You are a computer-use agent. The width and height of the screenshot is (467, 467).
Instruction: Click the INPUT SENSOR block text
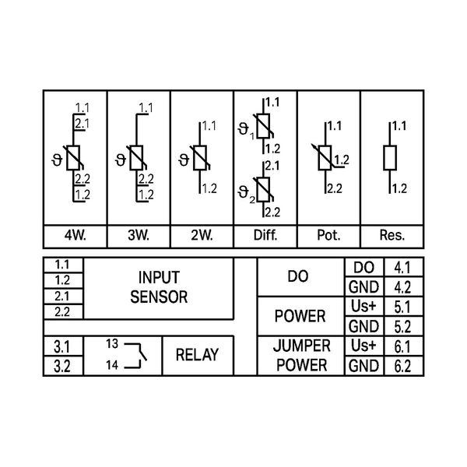tap(159, 287)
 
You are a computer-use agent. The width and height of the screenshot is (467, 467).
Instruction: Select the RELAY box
tap(198, 355)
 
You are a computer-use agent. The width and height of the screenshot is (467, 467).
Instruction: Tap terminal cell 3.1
tap(62, 346)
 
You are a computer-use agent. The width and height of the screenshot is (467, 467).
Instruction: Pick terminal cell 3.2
tap(62, 365)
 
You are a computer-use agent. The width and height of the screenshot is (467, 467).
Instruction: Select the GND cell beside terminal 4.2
tap(363, 287)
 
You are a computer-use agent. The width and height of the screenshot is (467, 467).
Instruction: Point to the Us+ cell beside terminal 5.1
tap(363, 307)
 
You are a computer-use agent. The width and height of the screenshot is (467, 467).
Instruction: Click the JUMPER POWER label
tap(302, 355)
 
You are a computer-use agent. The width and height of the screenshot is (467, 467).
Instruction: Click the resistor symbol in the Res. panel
tap(391, 158)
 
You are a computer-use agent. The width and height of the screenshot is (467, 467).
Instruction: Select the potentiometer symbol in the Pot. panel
tap(327, 158)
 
